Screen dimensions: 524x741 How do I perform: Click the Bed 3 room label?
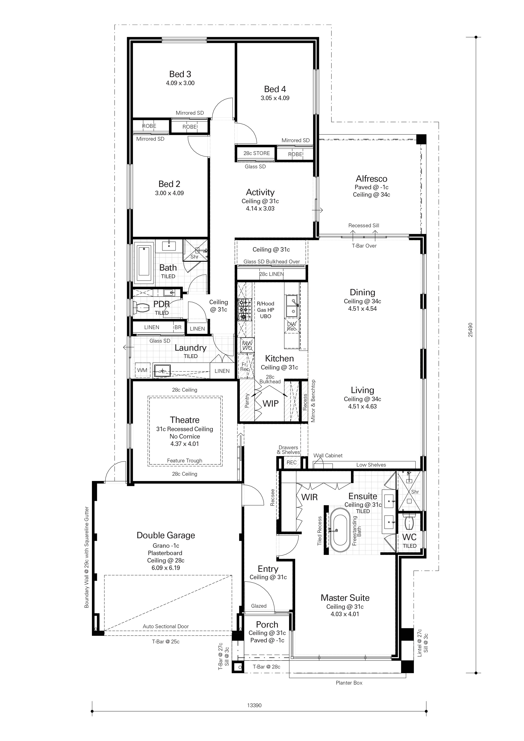(180, 74)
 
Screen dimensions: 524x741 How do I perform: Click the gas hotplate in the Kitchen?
(244, 309)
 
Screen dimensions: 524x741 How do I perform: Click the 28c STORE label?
(257, 153)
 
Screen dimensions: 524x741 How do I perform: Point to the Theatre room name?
(185, 420)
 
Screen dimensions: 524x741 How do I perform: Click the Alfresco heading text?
(372, 179)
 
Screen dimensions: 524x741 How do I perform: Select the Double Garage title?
(166, 535)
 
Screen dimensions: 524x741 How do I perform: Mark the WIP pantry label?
(270, 403)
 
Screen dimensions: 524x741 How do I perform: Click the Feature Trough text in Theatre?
(185, 460)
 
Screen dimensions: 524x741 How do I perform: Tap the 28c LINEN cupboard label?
(272, 274)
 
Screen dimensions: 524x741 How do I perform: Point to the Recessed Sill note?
(364, 226)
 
